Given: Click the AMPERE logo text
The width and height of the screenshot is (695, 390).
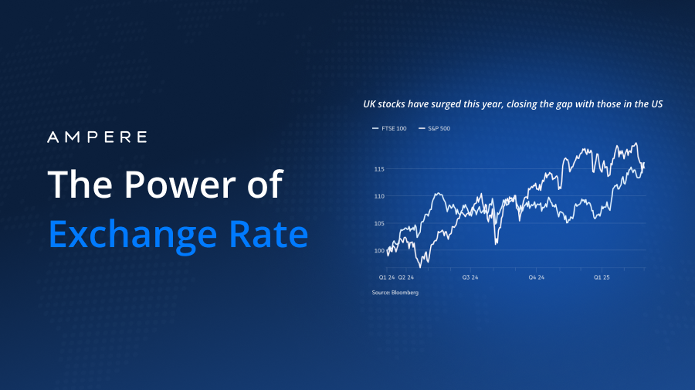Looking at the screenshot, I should pyautogui.click(x=97, y=137).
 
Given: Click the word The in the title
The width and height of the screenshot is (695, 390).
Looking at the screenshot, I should pyautogui.click(x=75, y=185).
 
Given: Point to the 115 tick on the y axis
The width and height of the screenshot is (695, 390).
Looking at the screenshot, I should pyautogui.click(x=378, y=169).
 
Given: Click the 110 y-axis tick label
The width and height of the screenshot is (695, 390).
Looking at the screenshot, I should pyautogui.click(x=378, y=196).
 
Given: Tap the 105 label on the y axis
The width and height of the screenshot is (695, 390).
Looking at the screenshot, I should pyautogui.click(x=378, y=223).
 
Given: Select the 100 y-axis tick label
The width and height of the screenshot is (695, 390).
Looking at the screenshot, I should pyautogui.click(x=378, y=251).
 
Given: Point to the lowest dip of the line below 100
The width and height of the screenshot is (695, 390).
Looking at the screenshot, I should pyautogui.click(x=418, y=266).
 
